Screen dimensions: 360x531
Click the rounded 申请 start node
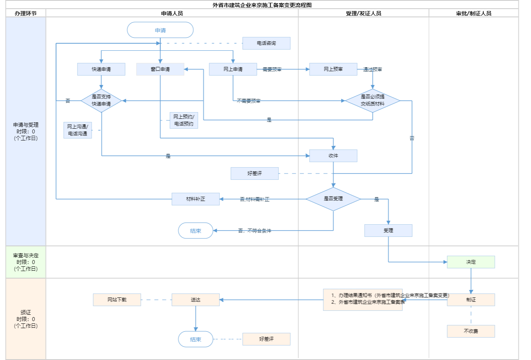coord(160,30)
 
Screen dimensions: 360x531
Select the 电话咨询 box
coord(266,43)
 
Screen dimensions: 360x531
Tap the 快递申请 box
coord(101,69)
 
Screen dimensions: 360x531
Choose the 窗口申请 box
coord(160,69)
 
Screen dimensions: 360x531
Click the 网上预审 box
coord(333,69)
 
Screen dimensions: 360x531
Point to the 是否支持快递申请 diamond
coord(101,101)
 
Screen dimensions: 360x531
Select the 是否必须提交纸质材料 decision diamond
coord(372,101)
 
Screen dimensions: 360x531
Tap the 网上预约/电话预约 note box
coord(184,120)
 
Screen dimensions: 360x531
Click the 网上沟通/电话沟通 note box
coord(77,130)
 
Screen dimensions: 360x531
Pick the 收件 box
coord(333,156)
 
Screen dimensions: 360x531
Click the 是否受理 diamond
coord(333,199)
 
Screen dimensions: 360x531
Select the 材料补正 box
coord(195,199)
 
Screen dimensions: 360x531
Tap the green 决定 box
coord(471,262)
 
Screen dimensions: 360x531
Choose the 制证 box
coord(471,300)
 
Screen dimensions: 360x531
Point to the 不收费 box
coord(471,331)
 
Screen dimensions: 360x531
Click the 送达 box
coord(195,300)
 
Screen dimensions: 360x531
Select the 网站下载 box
coord(117,300)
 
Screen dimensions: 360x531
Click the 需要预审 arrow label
coord(272,70)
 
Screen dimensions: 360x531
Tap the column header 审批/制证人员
coord(474,13)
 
